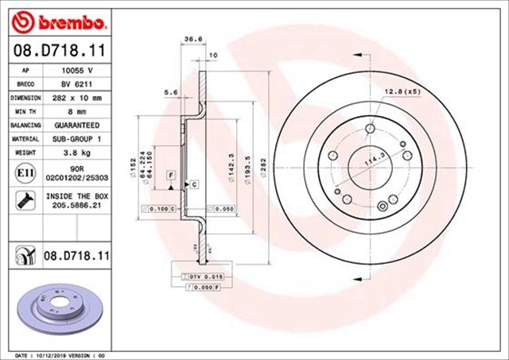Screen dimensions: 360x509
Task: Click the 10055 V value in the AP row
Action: [x=76, y=70]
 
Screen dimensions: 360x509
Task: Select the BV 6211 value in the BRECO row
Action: [x=76, y=83]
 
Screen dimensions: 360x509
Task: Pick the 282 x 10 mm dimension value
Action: [x=76, y=98]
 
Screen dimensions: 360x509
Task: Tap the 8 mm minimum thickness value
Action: [x=76, y=111]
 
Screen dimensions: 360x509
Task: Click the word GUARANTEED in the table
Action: [x=76, y=126]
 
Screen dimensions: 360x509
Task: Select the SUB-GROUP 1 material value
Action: [x=76, y=139]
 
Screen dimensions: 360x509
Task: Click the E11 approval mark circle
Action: [x=24, y=172]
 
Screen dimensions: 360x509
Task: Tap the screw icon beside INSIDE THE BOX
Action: [x=24, y=199]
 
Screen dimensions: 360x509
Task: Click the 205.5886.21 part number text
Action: [x=76, y=204]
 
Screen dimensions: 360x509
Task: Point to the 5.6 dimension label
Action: [x=169, y=93]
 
